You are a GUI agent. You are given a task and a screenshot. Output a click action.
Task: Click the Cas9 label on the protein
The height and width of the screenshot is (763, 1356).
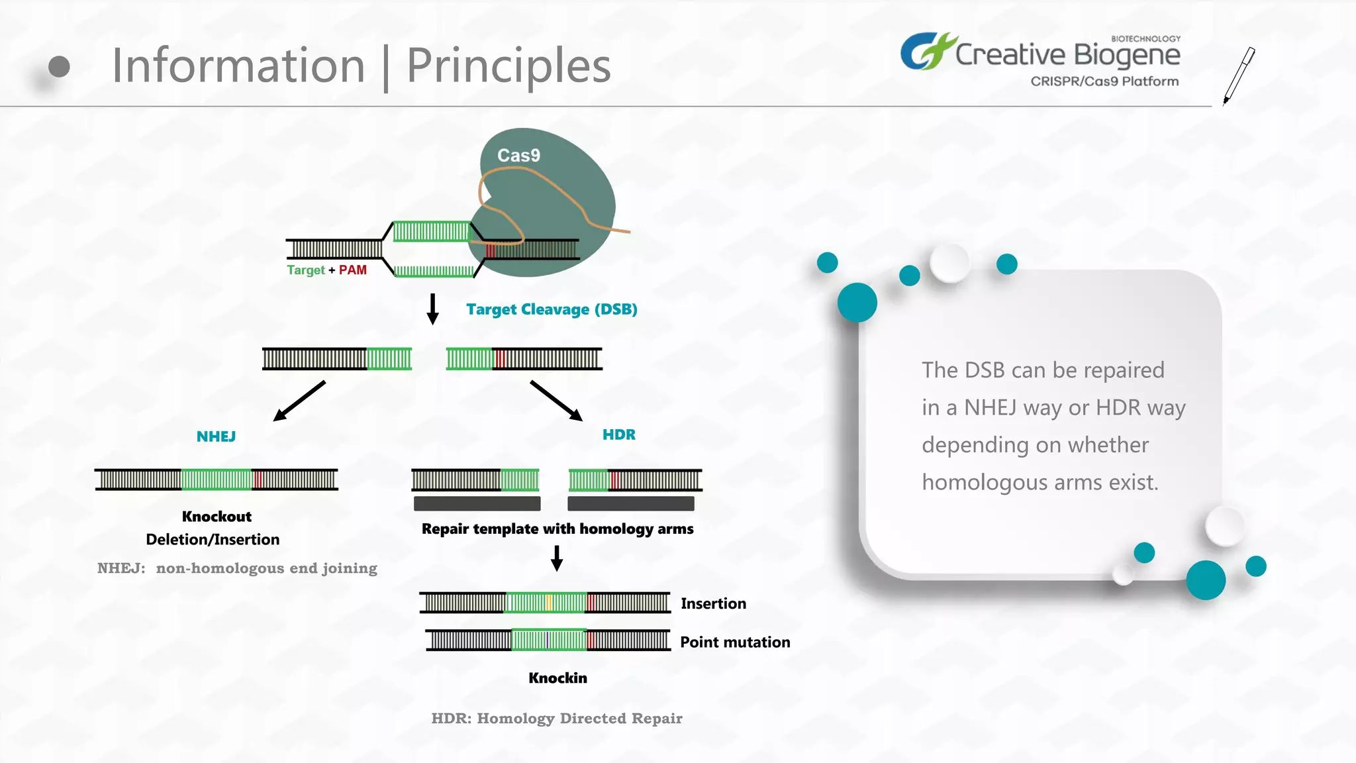point(518,156)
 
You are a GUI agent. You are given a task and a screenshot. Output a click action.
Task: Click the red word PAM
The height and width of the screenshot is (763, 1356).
point(352,270)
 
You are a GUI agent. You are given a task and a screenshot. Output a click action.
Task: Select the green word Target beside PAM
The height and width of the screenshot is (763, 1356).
point(305,270)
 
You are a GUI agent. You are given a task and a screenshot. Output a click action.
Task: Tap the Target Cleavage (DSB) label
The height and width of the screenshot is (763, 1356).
point(552,309)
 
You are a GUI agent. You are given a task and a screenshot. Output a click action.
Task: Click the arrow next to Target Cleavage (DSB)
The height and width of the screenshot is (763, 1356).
point(432,309)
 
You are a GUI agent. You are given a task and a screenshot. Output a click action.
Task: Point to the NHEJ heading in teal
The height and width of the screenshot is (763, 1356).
point(216,436)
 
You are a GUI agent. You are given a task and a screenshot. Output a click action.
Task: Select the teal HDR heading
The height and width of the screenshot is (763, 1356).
point(618,434)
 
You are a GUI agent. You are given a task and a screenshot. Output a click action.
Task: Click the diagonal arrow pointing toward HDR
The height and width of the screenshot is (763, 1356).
point(556,401)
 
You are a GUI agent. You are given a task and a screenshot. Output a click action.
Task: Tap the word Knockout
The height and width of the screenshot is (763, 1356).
point(217,517)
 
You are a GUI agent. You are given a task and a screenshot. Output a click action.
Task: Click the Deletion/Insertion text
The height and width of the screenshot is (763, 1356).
point(213,540)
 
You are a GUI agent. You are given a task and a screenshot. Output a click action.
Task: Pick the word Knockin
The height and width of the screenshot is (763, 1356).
point(557,678)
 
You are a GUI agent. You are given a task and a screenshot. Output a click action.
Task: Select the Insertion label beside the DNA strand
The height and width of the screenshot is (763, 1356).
point(713,603)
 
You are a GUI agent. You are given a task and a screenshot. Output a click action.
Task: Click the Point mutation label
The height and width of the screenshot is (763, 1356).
point(735,642)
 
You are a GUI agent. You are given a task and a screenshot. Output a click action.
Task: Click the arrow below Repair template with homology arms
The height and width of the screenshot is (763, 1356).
point(557,558)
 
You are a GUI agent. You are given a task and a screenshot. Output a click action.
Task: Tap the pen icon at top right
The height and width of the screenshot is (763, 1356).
point(1239,75)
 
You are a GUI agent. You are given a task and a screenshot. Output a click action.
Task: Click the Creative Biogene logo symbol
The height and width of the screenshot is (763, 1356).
point(927,51)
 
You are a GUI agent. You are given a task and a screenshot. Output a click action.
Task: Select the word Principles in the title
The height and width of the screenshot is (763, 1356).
point(508,66)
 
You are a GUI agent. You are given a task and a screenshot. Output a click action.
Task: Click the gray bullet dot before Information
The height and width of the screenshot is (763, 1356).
point(59,66)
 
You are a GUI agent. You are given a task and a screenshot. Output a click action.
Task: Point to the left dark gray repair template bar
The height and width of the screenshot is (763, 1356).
point(477,504)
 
